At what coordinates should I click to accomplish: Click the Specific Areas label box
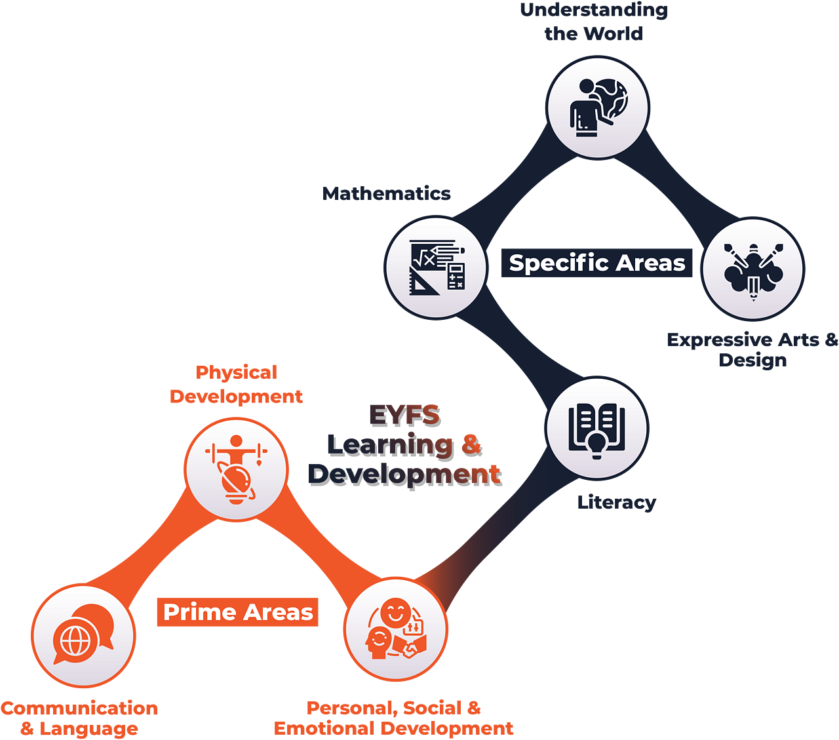coord(596,263)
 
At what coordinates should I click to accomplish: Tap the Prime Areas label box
coord(238,612)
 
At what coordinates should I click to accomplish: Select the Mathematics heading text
coord(386,193)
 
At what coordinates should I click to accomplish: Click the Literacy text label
coord(617,503)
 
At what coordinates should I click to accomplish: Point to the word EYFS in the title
coord(405,416)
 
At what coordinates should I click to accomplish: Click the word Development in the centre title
coord(405,474)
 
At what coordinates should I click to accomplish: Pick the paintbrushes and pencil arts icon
coord(753,269)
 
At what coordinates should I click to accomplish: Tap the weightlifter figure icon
coord(236,468)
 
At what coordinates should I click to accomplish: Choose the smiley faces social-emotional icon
coord(396,629)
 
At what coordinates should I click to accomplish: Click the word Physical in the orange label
coord(236,373)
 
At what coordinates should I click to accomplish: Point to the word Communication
coord(79,708)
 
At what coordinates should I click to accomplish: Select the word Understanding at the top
coord(593,10)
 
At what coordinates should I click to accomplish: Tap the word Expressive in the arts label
coord(718,340)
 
